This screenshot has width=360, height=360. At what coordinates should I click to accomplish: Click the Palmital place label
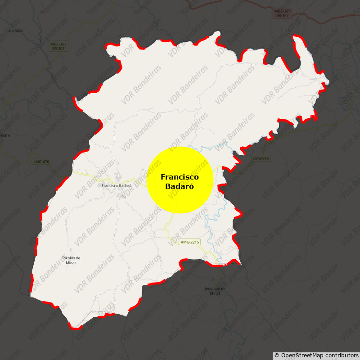[x=16, y=31]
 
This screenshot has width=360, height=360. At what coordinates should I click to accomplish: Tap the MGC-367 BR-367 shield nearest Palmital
[x=58, y=46]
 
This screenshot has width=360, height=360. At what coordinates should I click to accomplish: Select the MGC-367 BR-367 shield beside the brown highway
[x=282, y=13]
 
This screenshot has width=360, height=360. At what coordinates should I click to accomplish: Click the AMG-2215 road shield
[x=189, y=242]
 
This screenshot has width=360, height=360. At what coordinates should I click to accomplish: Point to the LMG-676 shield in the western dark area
[x=41, y=162]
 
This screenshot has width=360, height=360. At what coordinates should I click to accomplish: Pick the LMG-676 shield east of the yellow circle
[x=261, y=158]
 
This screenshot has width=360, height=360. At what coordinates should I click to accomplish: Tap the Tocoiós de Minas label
[x=71, y=260]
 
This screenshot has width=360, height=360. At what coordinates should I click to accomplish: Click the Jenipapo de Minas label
[x=215, y=290]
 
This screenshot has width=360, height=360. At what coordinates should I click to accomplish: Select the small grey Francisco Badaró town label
[x=117, y=185]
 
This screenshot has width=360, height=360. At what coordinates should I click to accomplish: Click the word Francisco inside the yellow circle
[x=180, y=177]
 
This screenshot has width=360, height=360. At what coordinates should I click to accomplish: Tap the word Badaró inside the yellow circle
[x=180, y=186]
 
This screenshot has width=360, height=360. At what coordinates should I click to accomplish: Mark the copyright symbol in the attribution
[x=277, y=355]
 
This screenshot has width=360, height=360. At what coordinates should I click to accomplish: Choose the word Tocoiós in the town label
[x=69, y=258]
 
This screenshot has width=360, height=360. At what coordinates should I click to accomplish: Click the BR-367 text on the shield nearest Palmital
[x=58, y=48]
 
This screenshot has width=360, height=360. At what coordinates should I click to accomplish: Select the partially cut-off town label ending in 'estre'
[x=4, y=135]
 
